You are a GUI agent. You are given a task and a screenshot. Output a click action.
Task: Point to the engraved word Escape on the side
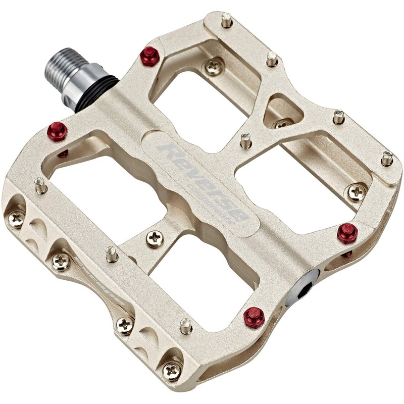99,283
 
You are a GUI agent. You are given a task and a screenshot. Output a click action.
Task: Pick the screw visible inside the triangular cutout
283,123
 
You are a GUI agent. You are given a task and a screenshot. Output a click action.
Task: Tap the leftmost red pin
58,131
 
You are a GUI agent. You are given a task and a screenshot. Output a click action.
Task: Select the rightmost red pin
347,232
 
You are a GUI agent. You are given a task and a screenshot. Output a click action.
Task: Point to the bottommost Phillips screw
172,370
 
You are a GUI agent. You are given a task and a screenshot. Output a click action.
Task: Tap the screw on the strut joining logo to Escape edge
155,237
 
